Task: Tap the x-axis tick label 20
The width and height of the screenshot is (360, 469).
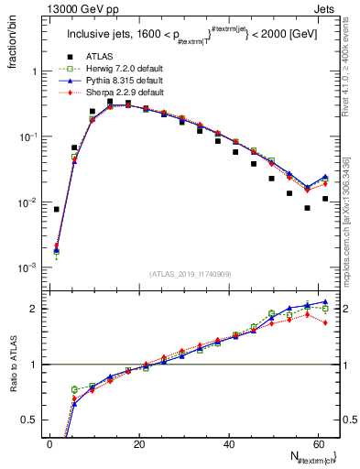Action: [139, 444]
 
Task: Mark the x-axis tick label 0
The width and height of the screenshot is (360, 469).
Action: [50, 444]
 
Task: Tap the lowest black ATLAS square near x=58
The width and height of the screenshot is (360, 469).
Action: [307, 208]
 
